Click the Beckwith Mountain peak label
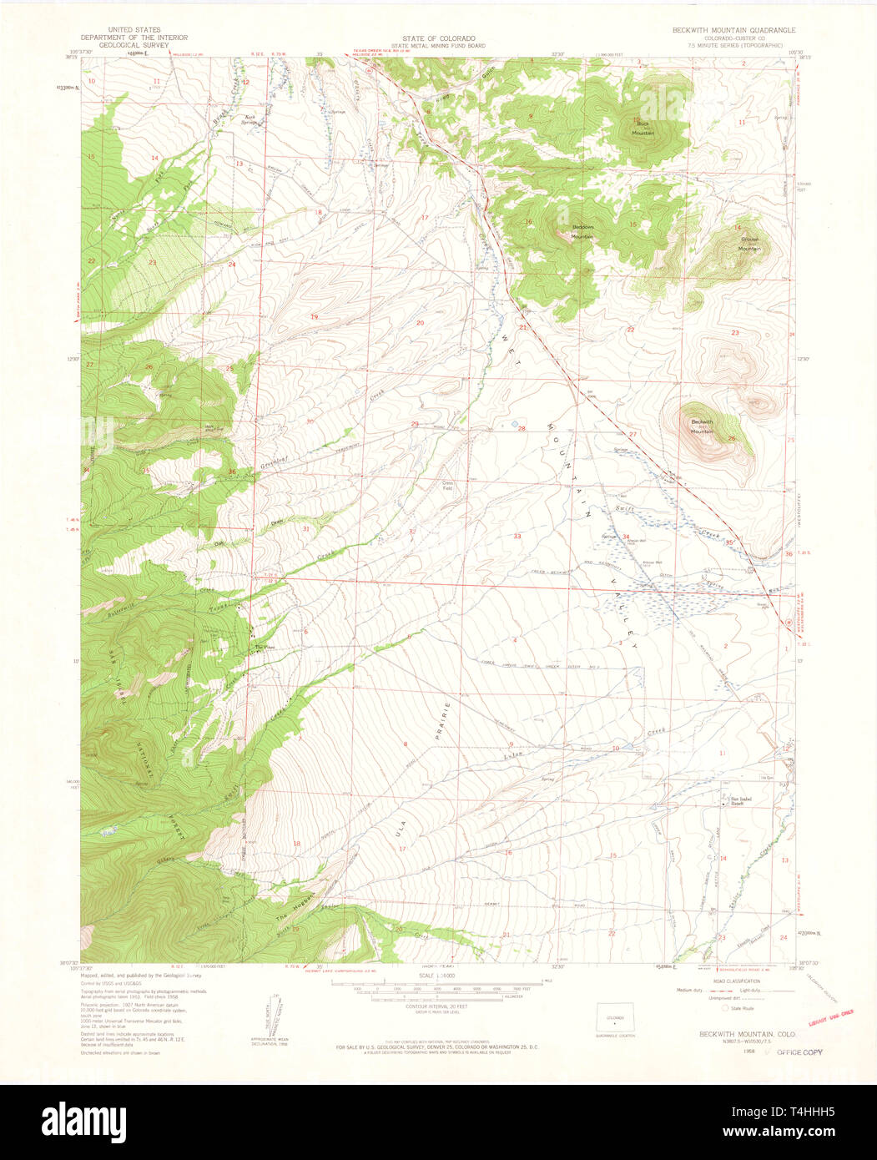point(702,426)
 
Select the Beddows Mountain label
point(582,233)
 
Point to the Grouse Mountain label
point(749,244)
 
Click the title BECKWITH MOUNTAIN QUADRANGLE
point(734,30)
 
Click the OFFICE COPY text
point(799,1052)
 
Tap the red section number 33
point(517,536)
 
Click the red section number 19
point(315,317)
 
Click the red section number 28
point(522,429)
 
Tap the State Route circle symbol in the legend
point(689,1007)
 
